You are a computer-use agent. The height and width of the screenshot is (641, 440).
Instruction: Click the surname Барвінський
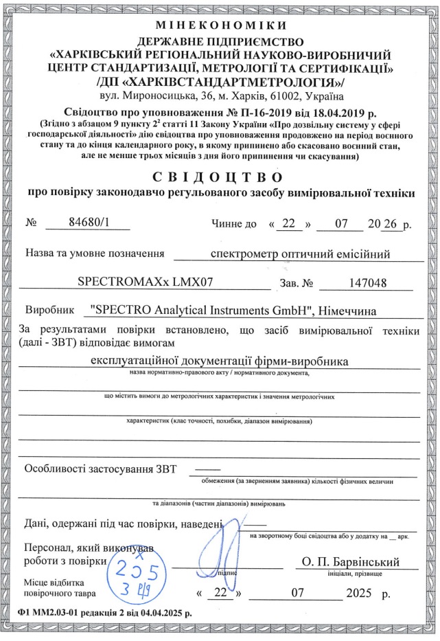pos(368,561)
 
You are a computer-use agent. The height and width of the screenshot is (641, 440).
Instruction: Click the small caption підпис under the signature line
pos(226,572)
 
